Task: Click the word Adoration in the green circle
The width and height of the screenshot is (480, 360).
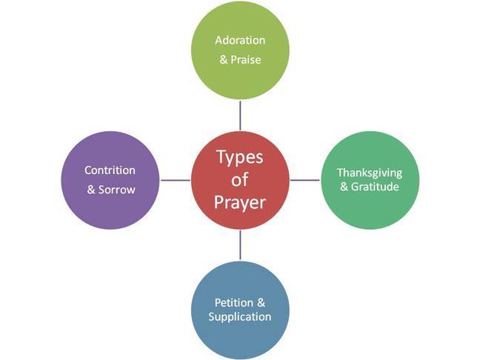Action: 240,39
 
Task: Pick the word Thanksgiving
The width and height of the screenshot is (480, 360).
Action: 368,172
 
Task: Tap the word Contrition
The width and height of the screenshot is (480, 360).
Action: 110,170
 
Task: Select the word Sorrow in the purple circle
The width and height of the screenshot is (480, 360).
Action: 118,190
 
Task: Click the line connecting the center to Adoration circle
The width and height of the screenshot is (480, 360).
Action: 240,115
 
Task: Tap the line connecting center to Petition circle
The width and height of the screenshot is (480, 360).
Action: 240,244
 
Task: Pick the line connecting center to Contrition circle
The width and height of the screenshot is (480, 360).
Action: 175,180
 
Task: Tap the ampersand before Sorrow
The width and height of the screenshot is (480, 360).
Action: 91,190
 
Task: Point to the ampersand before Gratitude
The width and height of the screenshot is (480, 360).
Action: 344,187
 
